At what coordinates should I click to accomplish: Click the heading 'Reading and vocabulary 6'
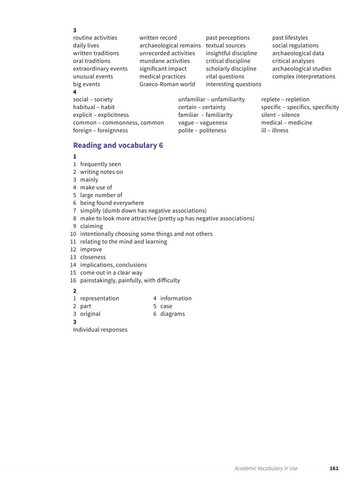pyautogui.click(x=118, y=146)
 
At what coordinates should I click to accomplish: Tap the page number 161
pyautogui.click(x=334, y=468)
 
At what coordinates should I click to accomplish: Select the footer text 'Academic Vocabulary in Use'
pyautogui.click(x=266, y=468)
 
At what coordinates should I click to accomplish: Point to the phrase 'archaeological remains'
pyautogui.click(x=170, y=45)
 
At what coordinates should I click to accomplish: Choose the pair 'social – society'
pyautogui.click(x=93, y=99)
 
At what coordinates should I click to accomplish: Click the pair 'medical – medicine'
pyautogui.click(x=286, y=122)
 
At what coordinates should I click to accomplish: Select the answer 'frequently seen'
pyautogui.click(x=100, y=164)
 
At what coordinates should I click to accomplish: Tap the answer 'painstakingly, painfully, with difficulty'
pyautogui.click(x=130, y=280)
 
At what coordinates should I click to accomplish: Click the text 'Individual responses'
pyautogui.click(x=100, y=329)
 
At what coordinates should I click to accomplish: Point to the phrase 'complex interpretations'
pyautogui.click(x=303, y=76)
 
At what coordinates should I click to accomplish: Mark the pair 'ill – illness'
pyautogui.click(x=275, y=130)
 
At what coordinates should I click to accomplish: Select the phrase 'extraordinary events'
pyautogui.click(x=100, y=68)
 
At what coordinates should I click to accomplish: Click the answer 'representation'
pyautogui.click(x=99, y=298)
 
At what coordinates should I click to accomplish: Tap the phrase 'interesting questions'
pyautogui.click(x=233, y=84)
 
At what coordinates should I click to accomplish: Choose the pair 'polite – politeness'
pyautogui.click(x=202, y=130)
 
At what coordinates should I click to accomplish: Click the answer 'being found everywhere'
pyautogui.click(x=112, y=203)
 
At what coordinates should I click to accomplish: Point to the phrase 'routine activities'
pyautogui.click(x=95, y=38)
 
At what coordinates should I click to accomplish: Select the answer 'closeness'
pyautogui.click(x=93, y=257)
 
